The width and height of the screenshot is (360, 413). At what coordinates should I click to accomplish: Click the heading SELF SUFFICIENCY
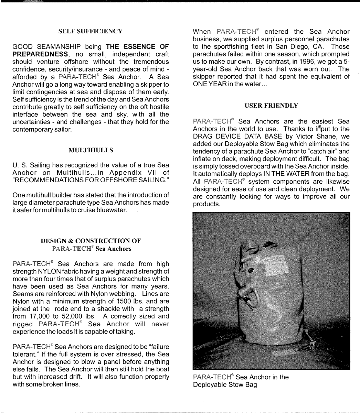point(91,31)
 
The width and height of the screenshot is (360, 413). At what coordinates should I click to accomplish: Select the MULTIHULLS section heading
point(91,150)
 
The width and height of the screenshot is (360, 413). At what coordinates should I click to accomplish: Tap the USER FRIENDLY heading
point(271,106)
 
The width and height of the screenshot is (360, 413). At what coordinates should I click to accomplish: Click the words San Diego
point(304,46)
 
